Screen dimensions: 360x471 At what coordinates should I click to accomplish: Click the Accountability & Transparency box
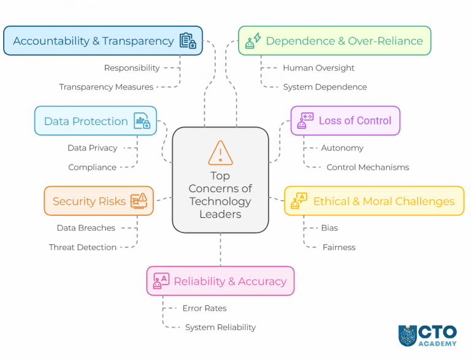pos(102,41)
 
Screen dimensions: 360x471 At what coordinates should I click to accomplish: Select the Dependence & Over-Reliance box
pos(334,41)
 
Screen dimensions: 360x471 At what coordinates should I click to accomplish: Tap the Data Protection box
pos(96,121)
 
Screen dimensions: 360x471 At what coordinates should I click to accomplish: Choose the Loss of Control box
pos(345,120)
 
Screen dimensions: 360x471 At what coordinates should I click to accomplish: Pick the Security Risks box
pos(98,201)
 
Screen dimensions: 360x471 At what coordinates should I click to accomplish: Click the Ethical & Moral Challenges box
pos(373,201)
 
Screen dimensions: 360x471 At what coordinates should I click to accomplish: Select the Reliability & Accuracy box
pos(220,281)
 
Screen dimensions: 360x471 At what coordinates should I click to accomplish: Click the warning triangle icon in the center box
pos(220,153)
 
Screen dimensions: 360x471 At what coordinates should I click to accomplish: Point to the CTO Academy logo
pos(427,335)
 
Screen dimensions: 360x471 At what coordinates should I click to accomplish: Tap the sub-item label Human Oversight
pos(318,68)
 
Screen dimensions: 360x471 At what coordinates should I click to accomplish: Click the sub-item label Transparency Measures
pos(106,87)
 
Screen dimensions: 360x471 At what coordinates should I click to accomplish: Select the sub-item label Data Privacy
pos(92,148)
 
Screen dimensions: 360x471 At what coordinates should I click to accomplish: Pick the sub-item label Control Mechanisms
pos(367,167)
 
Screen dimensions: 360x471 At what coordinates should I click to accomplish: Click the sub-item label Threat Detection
pos(82,247)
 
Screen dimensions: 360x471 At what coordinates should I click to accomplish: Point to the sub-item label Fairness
pos(339,247)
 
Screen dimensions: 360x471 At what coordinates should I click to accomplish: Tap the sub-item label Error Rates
pos(204,308)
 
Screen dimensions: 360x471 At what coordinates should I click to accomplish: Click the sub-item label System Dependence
pos(324,87)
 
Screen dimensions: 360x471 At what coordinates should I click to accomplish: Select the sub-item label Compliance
pos(92,167)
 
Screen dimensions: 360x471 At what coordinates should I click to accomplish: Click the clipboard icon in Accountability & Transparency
pos(187,41)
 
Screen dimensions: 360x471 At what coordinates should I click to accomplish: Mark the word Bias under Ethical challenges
pos(329,228)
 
